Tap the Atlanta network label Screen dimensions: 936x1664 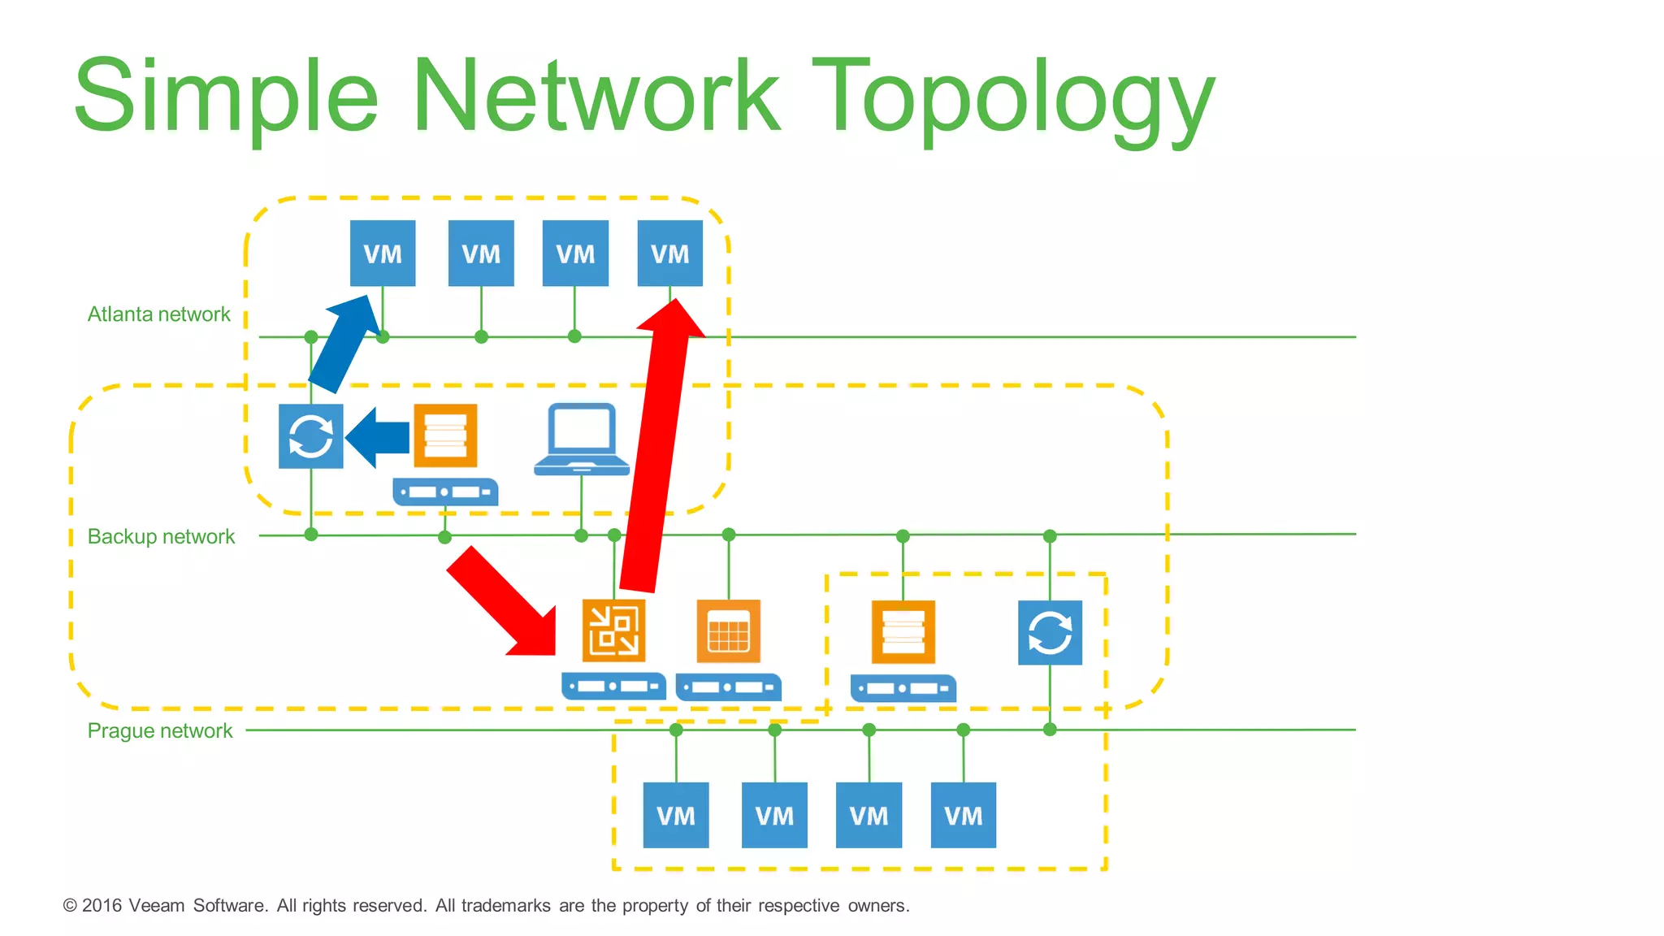(158, 314)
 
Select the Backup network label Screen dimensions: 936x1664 (161, 537)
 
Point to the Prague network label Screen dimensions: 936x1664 (159, 731)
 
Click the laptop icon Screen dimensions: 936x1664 (582, 439)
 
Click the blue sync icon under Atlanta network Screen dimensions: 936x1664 (310, 436)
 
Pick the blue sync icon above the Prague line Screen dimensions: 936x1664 (1050, 633)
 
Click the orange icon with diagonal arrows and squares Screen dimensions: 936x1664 (614, 631)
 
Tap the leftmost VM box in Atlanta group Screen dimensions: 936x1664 (383, 253)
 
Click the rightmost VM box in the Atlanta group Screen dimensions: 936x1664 (669, 253)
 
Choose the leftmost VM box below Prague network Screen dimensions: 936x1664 (676, 816)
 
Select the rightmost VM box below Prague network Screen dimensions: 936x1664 (964, 816)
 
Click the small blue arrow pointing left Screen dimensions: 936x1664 (377, 438)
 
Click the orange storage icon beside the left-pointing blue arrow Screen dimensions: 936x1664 (445, 436)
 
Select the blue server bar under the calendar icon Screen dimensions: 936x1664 (728, 687)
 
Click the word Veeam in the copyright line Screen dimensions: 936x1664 (156, 906)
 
